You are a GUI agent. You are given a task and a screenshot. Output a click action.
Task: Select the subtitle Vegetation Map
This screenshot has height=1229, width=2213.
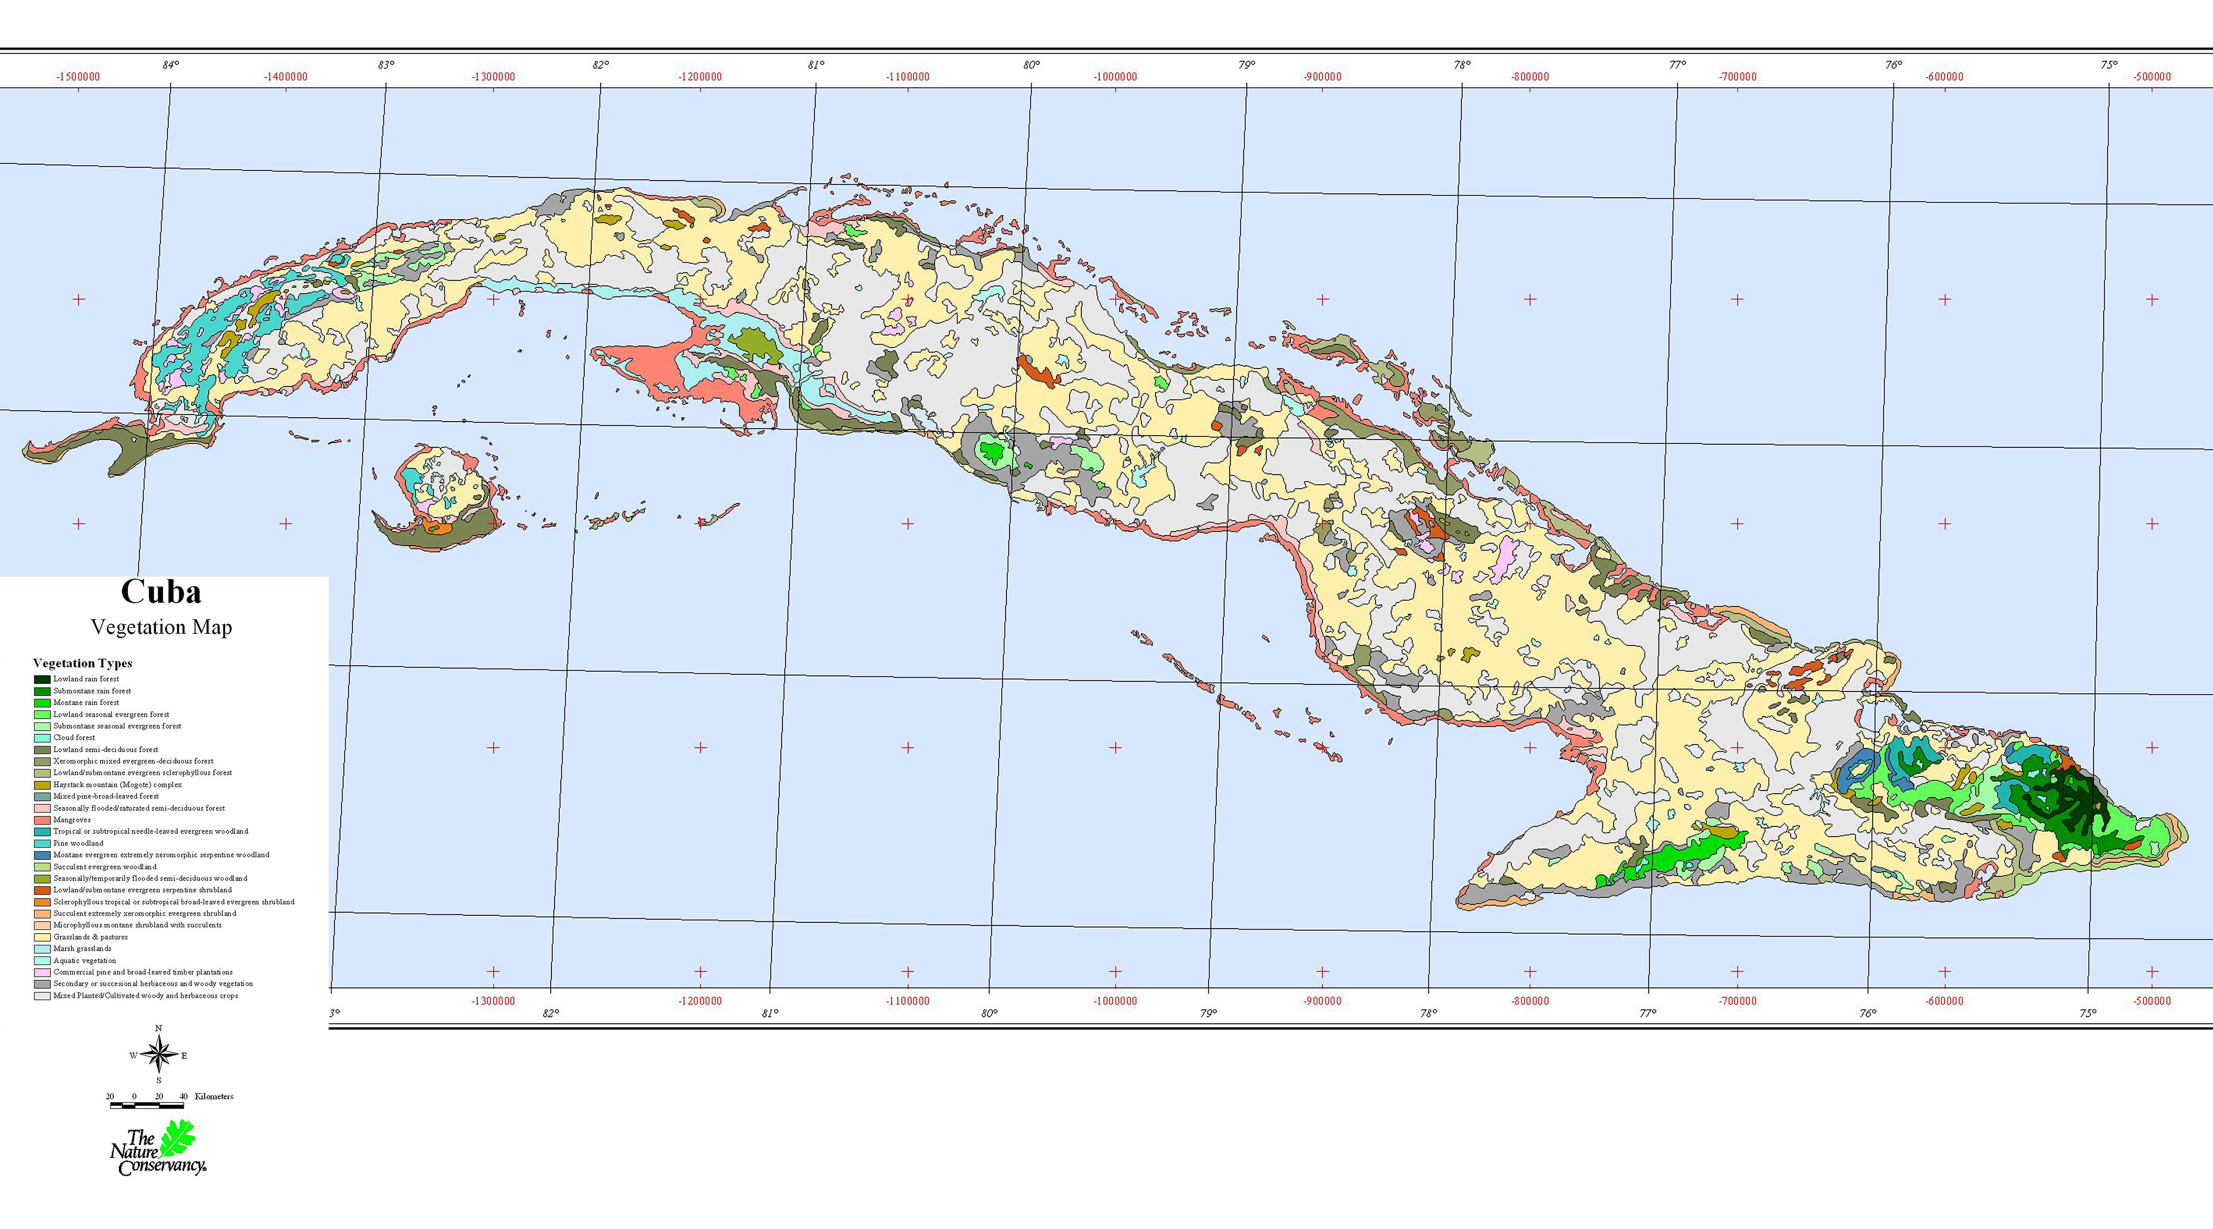coord(162,627)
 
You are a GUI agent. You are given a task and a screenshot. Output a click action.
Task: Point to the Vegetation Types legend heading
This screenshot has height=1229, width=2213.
coord(82,663)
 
